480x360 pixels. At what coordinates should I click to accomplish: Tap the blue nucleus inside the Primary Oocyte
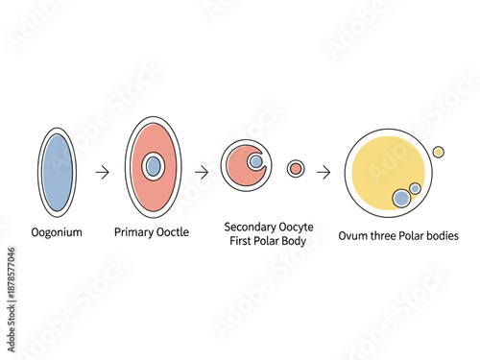[x=153, y=166]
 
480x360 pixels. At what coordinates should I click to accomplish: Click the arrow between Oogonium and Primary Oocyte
[x=103, y=172]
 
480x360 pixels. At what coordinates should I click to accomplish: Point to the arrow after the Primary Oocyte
[x=202, y=172]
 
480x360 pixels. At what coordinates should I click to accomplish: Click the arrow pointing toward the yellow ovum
[x=324, y=172]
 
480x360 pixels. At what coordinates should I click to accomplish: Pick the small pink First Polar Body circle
[x=296, y=169]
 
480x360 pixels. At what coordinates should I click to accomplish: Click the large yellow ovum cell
[x=379, y=163]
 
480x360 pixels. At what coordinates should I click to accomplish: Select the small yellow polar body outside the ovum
[x=438, y=151]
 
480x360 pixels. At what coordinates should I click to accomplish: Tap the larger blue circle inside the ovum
[x=401, y=198]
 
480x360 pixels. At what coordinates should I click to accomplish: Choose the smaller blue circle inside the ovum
[x=415, y=188]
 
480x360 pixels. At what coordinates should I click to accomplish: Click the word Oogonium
[x=58, y=232]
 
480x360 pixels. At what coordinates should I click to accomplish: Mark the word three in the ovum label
[x=386, y=235]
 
